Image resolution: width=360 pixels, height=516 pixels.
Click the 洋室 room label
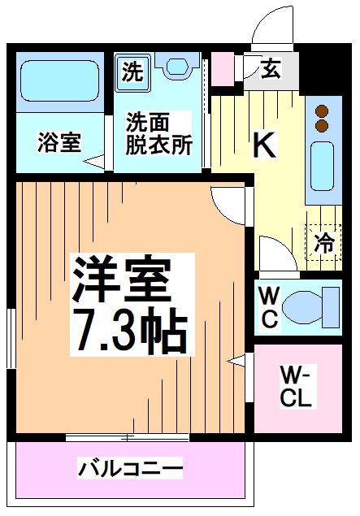(x=122, y=281)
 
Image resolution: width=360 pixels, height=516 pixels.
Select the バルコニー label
(x=131, y=468)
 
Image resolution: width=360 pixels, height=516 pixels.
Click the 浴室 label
(x=59, y=143)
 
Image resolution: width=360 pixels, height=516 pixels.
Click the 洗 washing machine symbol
(x=132, y=72)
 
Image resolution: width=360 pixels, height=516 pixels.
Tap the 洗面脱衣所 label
(x=158, y=133)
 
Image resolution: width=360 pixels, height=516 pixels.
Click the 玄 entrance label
(x=271, y=70)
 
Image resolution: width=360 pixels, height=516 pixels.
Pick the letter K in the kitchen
(x=265, y=144)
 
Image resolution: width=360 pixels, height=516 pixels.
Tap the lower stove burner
(x=323, y=125)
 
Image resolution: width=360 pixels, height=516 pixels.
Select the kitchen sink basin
(x=323, y=165)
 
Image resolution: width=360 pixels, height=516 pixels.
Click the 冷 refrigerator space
(x=324, y=241)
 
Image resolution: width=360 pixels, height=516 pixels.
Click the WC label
(x=269, y=306)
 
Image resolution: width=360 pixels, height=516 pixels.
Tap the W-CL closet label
(x=297, y=387)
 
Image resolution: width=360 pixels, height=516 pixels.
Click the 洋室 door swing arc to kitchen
(x=228, y=203)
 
